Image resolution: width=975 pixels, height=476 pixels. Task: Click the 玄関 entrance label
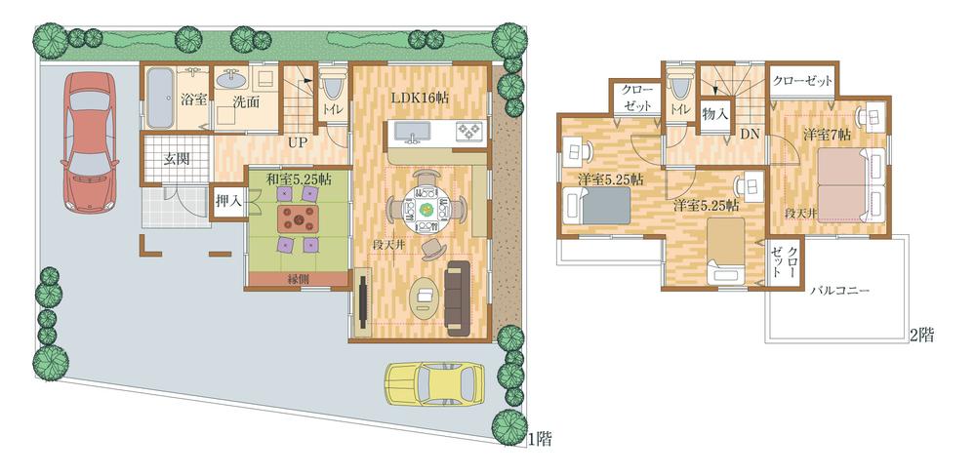tap(177, 159)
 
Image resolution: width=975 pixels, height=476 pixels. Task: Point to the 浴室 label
tap(192, 100)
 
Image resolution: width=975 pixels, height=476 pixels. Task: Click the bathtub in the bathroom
tap(158, 99)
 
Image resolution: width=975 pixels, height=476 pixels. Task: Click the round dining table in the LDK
tap(426, 208)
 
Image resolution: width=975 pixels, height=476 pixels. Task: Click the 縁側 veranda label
tap(299, 279)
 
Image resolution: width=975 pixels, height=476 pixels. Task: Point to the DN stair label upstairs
tap(749, 134)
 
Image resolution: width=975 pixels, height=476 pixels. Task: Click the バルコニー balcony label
tap(837, 291)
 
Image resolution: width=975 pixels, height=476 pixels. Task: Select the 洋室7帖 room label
tap(827, 134)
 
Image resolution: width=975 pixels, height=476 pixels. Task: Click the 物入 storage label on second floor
tap(715, 113)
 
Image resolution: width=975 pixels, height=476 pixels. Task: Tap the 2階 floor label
tap(922, 336)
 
